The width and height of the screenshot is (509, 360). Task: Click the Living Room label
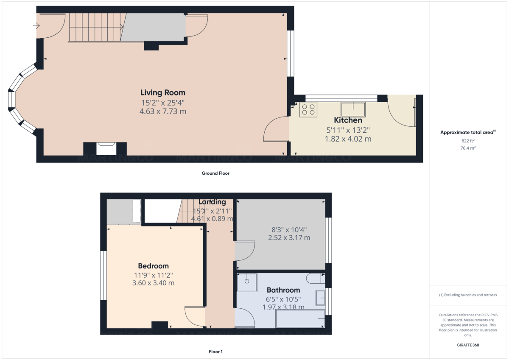pyautogui.click(x=163, y=92)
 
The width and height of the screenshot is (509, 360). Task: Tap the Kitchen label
pyautogui.click(x=348, y=120)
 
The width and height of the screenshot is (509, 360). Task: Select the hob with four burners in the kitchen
pyautogui.click(x=308, y=109)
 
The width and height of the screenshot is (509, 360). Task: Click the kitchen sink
pyautogui.click(x=353, y=109)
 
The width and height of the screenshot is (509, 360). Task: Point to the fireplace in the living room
pyautogui.click(x=105, y=149)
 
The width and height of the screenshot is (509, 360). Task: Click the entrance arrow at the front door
pyautogui.click(x=36, y=26)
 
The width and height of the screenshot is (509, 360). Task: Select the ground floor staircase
pyautogui.click(x=95, y=28)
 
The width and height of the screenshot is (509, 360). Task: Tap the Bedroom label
pyautogui.click(x=153, y=266)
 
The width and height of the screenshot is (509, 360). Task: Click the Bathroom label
pyautogui.click(x=283, y=290)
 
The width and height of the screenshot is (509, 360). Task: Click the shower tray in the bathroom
pyautogui.click(x=247, y=282)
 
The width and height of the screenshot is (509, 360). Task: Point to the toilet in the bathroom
pyautogui.click(x=316, y=279)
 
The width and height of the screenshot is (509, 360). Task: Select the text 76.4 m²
pyautogui.click(x=468, y=148)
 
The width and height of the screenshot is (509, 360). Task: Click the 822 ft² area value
pyautogui.click(x=468, y=141)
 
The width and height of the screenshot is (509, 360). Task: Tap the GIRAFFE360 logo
pyautogui.click(x=468, y=345)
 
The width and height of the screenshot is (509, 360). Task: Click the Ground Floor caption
pyautogui.click(x=215, y=173)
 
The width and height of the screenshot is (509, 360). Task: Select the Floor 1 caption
pyautogui.click(x=215, y=352)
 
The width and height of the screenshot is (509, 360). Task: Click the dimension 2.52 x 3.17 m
pyautogui.click(x=289, y=237)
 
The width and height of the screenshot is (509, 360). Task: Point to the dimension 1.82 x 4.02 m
pyautogui.click(x=348, y=139)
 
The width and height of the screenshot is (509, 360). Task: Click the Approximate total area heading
pyautogui.click(x=467, y=133)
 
